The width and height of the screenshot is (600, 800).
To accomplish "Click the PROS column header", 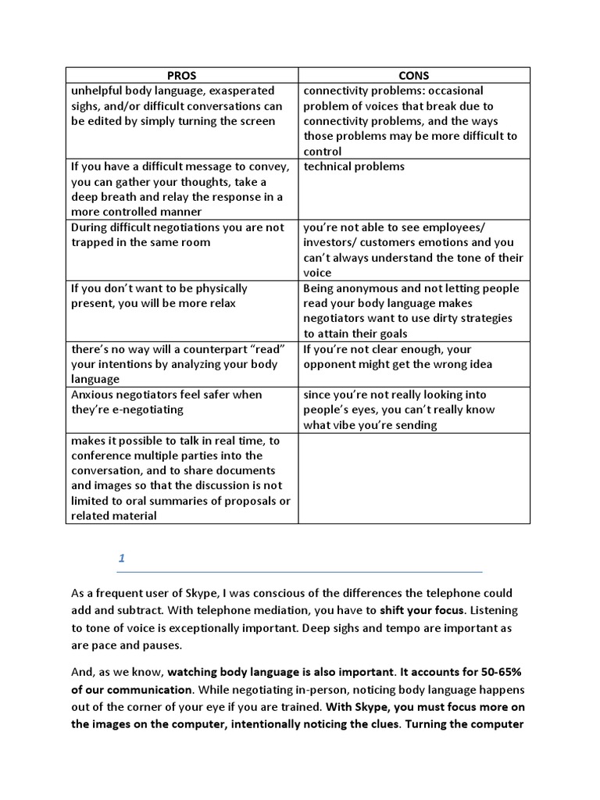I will pos(181,76).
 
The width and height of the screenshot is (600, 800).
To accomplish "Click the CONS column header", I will pos(413,76).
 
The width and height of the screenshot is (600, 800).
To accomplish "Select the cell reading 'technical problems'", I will pos(354,166).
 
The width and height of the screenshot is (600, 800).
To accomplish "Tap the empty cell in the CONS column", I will pos(413,477).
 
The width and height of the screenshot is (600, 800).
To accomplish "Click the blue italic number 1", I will pos(122,558).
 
